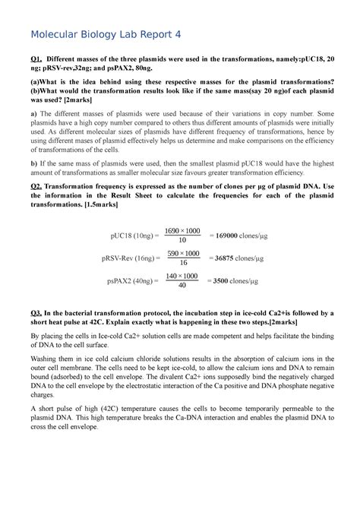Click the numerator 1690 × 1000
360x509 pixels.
(182, 230)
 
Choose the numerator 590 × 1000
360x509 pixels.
(183, 252)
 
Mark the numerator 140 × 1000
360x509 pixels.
(182, 275)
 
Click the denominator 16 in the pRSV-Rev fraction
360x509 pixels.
(183, 263)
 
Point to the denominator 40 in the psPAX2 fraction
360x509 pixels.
(182, 286)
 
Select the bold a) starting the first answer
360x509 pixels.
(33, 113)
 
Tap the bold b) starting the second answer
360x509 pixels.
(33, 163)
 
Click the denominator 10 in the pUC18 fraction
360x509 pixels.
(182, 241)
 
